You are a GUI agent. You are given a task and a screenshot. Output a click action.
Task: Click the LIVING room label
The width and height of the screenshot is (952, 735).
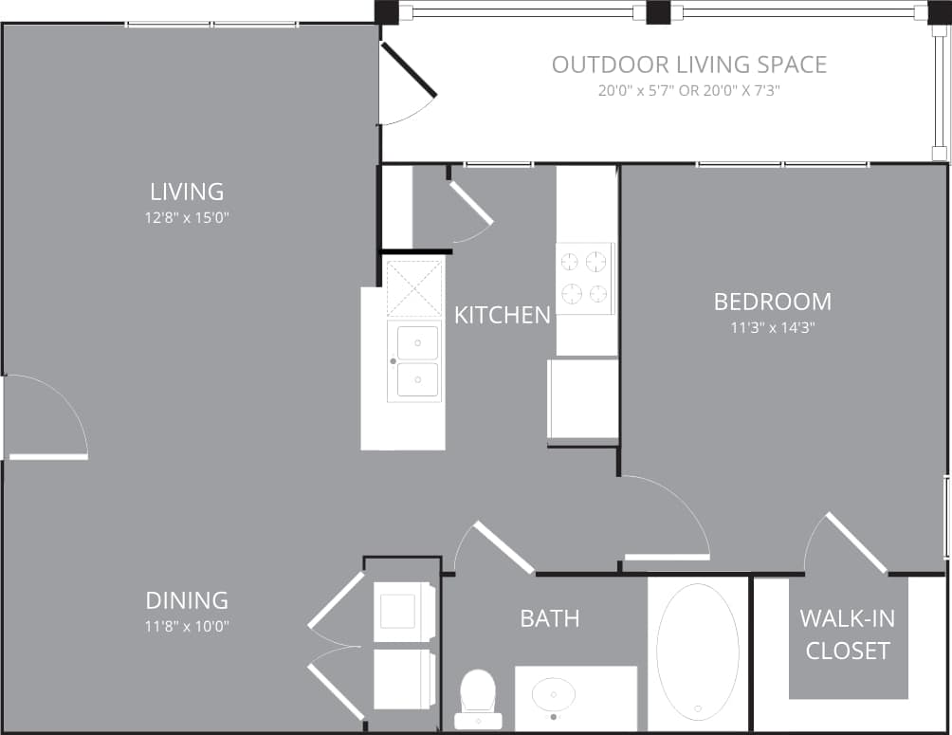click(x=187, y=192)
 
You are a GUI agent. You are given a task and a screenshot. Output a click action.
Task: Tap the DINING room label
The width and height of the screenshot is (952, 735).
click(x=187, y=600)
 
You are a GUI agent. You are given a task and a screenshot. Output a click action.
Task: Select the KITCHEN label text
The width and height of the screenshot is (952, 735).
click(x=502, y=315)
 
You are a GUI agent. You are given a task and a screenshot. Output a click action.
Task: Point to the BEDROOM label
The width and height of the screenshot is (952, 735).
click(x=772, y=302)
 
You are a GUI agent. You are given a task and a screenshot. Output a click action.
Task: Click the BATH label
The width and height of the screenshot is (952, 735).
click(x=549, y=619)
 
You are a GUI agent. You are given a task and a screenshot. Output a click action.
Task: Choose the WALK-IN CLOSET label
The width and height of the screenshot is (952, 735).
click(x=847, y=634)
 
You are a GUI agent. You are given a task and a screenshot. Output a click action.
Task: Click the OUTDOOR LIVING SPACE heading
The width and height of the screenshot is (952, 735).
click(x=689, y=64)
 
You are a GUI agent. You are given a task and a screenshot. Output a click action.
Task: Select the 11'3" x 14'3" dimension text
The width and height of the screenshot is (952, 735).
click(x=772, y=327)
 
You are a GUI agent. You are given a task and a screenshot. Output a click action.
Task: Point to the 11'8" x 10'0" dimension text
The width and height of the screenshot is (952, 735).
click(x=188, y=626)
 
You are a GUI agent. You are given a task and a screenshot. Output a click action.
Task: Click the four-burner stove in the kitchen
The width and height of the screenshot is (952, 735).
click(x=584, y=278)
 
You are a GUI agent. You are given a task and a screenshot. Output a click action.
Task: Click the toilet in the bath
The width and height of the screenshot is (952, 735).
click(x=477, y=698)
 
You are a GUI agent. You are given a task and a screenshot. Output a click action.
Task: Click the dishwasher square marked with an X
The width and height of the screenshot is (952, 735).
click(x=414, y=287)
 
